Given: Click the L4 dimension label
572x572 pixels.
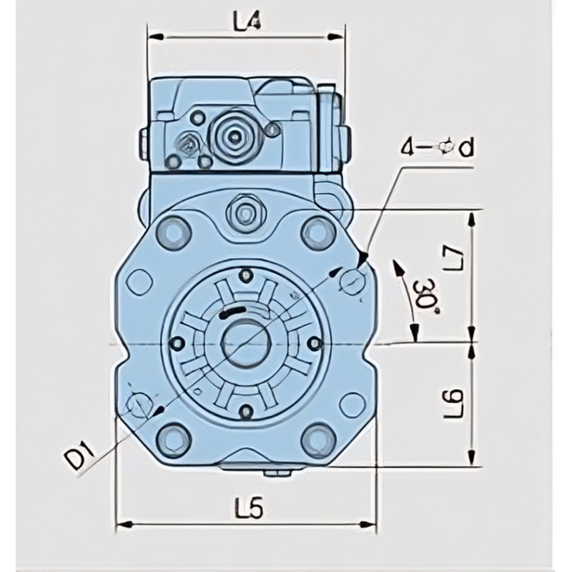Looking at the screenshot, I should coord(245,23).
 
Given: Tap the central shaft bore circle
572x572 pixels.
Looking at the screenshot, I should coord(246,342).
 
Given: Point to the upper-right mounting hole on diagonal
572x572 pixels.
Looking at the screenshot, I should coord(353,280).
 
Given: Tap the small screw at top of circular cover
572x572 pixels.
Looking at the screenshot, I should coord(247,275).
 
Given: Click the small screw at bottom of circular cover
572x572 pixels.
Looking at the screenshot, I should coord(246,411).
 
